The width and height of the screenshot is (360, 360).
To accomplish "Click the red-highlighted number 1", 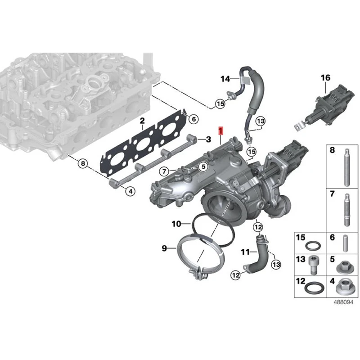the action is click(x=220, y=131).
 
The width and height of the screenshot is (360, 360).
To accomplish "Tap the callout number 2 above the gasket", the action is click(x=142, y=121).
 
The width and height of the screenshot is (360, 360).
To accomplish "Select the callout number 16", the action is click(x=325, y=78).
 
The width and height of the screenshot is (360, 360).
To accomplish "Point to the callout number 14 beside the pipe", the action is click(x=225, y=80).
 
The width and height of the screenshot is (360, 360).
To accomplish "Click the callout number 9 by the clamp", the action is click(x=164, y=248).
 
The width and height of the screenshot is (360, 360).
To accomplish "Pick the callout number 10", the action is click(x=176, y=223).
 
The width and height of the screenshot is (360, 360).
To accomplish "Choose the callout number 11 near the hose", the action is click(x=245, y=252).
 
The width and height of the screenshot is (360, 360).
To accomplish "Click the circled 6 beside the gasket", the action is click(x=193, y=119).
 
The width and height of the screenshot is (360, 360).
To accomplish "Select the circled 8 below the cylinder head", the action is click(x=82, y=164).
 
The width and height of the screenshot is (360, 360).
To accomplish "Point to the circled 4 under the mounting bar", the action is click(x=130, y=192).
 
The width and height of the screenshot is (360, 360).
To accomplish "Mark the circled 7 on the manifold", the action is click(x=164, y=171).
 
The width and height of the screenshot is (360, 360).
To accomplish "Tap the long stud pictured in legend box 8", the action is click(x=347, y=168).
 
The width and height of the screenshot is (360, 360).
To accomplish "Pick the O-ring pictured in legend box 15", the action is click(x=312, y=246).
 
